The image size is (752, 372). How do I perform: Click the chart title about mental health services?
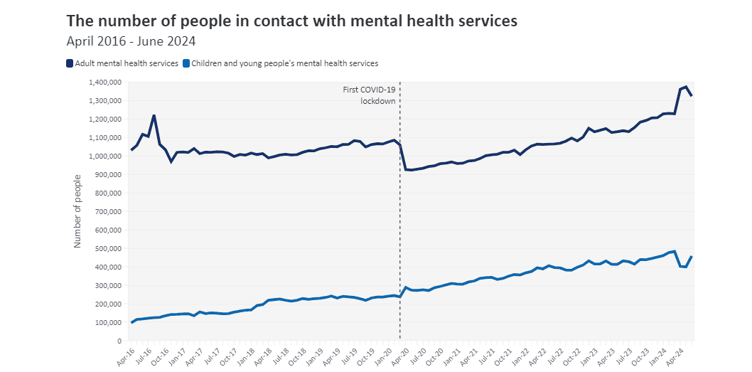[x=291, y=21]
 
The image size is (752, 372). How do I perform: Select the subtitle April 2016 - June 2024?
[x=131, y=41]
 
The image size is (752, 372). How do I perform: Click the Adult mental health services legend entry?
[x=122, y=63]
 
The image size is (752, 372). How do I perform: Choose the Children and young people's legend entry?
[x=280, y=63]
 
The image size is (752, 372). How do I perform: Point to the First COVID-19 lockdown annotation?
[x=369, y=95]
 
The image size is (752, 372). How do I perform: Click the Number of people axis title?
[x=77, y=211]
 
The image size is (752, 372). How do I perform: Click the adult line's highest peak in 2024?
[x=686, y=86]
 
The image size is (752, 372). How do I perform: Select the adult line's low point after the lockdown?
[x=411, y=170]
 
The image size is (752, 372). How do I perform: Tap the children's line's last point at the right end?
[x=692, y=257]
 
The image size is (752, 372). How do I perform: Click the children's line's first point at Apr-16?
[x=131, y=322]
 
